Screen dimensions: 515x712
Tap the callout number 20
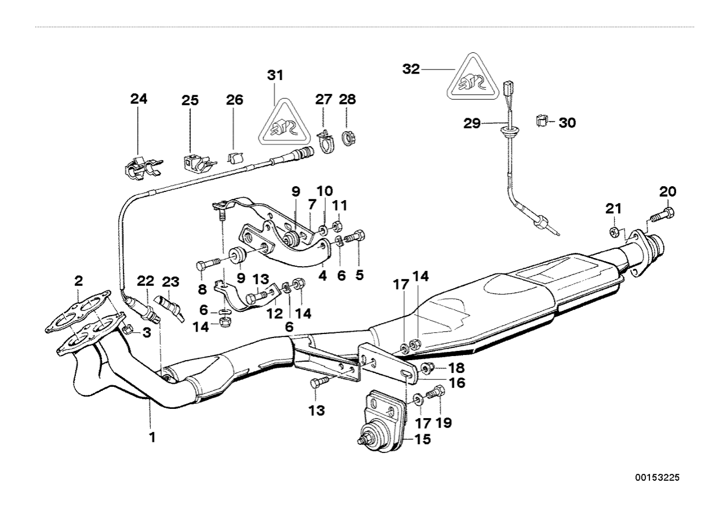click(667, 192)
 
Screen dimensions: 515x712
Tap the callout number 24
click(139, 99)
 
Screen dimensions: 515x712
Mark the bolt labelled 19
click(435, 394)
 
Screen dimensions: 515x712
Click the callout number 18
click(456, 368)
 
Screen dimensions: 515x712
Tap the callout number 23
click(170, 282)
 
